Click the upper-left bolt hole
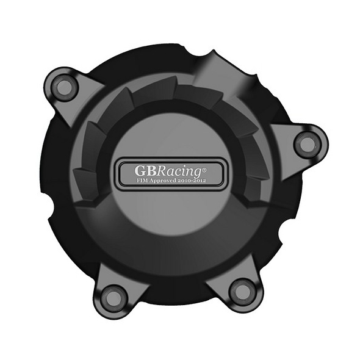pos(63,87)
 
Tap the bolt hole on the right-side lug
pos(307,145)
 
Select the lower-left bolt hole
pos(111,295)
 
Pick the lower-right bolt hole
pos(239,291)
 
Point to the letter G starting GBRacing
pos(140,171)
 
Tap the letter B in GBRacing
pos(151,171)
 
